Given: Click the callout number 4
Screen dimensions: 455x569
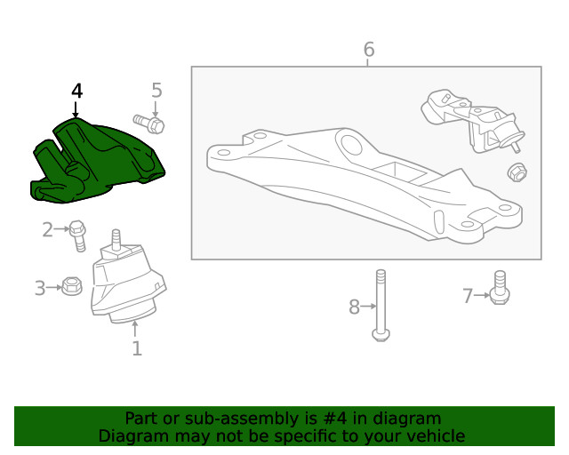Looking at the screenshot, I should (x=76, y=91).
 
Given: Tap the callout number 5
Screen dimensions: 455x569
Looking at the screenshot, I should (x=156, y=90).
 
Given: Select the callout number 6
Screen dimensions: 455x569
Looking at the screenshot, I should (x=369, y=50).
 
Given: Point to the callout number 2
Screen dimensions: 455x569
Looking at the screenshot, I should (x=48, y=230).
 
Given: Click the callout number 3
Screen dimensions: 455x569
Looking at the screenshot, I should (x=40, y=288).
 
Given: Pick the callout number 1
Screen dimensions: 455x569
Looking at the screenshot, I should (x=137, y=348).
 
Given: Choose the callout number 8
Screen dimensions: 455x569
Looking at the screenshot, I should (x=354, y=307).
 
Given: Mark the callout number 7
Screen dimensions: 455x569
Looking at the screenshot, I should (x=468, y=296).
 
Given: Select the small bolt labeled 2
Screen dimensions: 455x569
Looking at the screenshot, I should (x=78, y=234).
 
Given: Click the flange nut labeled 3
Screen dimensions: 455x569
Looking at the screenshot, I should (x=73, y=287).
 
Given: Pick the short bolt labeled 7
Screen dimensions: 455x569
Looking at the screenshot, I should (x=499, y=290).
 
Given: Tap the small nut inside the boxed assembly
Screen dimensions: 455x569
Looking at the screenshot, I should (x=515, y=172).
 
